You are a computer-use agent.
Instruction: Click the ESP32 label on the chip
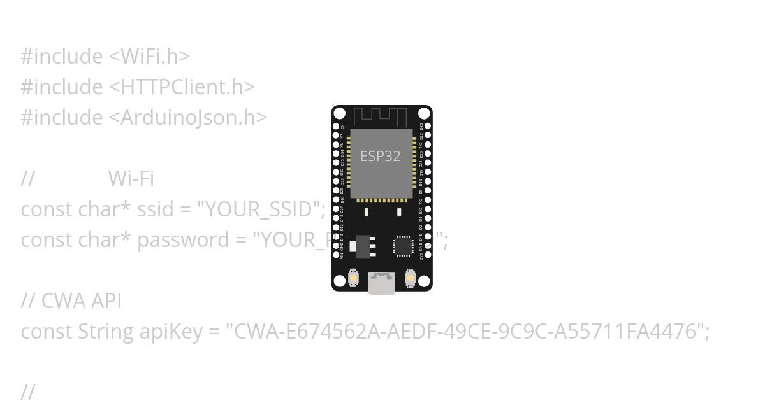381,156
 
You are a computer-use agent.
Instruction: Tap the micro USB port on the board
381,283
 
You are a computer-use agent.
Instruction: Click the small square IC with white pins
403,246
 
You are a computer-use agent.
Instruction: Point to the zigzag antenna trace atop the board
381,116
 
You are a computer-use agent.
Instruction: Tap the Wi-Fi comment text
131,179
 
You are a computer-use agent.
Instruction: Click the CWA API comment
81,301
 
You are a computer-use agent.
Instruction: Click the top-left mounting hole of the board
340,114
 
